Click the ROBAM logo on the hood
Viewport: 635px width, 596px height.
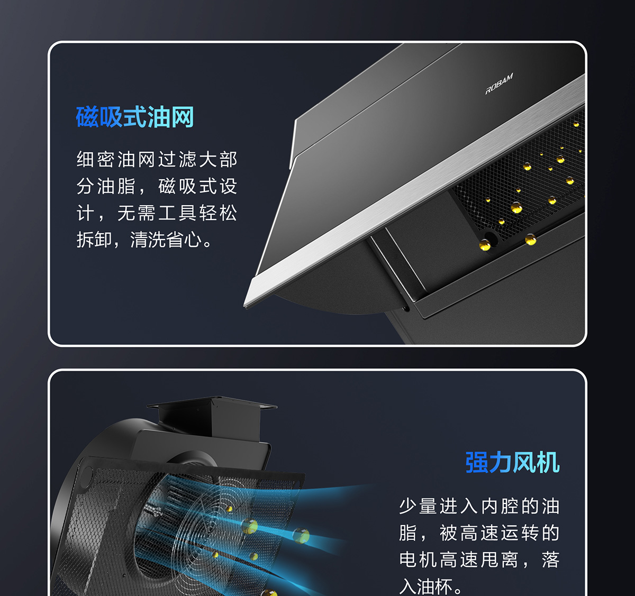coord(499,84)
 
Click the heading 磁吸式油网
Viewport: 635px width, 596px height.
coord(135,117)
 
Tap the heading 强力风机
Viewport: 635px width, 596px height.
coord(512,462)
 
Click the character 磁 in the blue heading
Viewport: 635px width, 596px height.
coord(87,117)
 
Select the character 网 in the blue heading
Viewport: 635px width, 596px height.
coord(183,117)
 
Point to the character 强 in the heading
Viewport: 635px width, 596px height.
coord(477,462)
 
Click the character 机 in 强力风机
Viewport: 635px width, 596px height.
coord(548,462)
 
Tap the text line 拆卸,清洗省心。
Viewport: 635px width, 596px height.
coord(144,240)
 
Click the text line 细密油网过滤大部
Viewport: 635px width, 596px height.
coord(157,159)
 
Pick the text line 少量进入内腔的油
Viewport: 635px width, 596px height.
coord(479,506)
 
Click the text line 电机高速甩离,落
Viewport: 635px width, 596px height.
coord(479,560)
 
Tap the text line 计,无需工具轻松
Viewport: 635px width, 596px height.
coord(157,213)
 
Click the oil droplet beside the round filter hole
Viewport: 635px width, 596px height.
coord(485,245)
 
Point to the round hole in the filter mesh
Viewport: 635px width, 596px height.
coord(491,239)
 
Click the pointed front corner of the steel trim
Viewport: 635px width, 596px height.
coord(244,306)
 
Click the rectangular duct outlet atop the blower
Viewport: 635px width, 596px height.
coord(212,416)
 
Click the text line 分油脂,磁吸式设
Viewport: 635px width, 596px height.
coord(157,186)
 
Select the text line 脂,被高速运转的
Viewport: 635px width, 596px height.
coord(479,533)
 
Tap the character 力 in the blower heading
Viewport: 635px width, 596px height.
coord(501,462)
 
